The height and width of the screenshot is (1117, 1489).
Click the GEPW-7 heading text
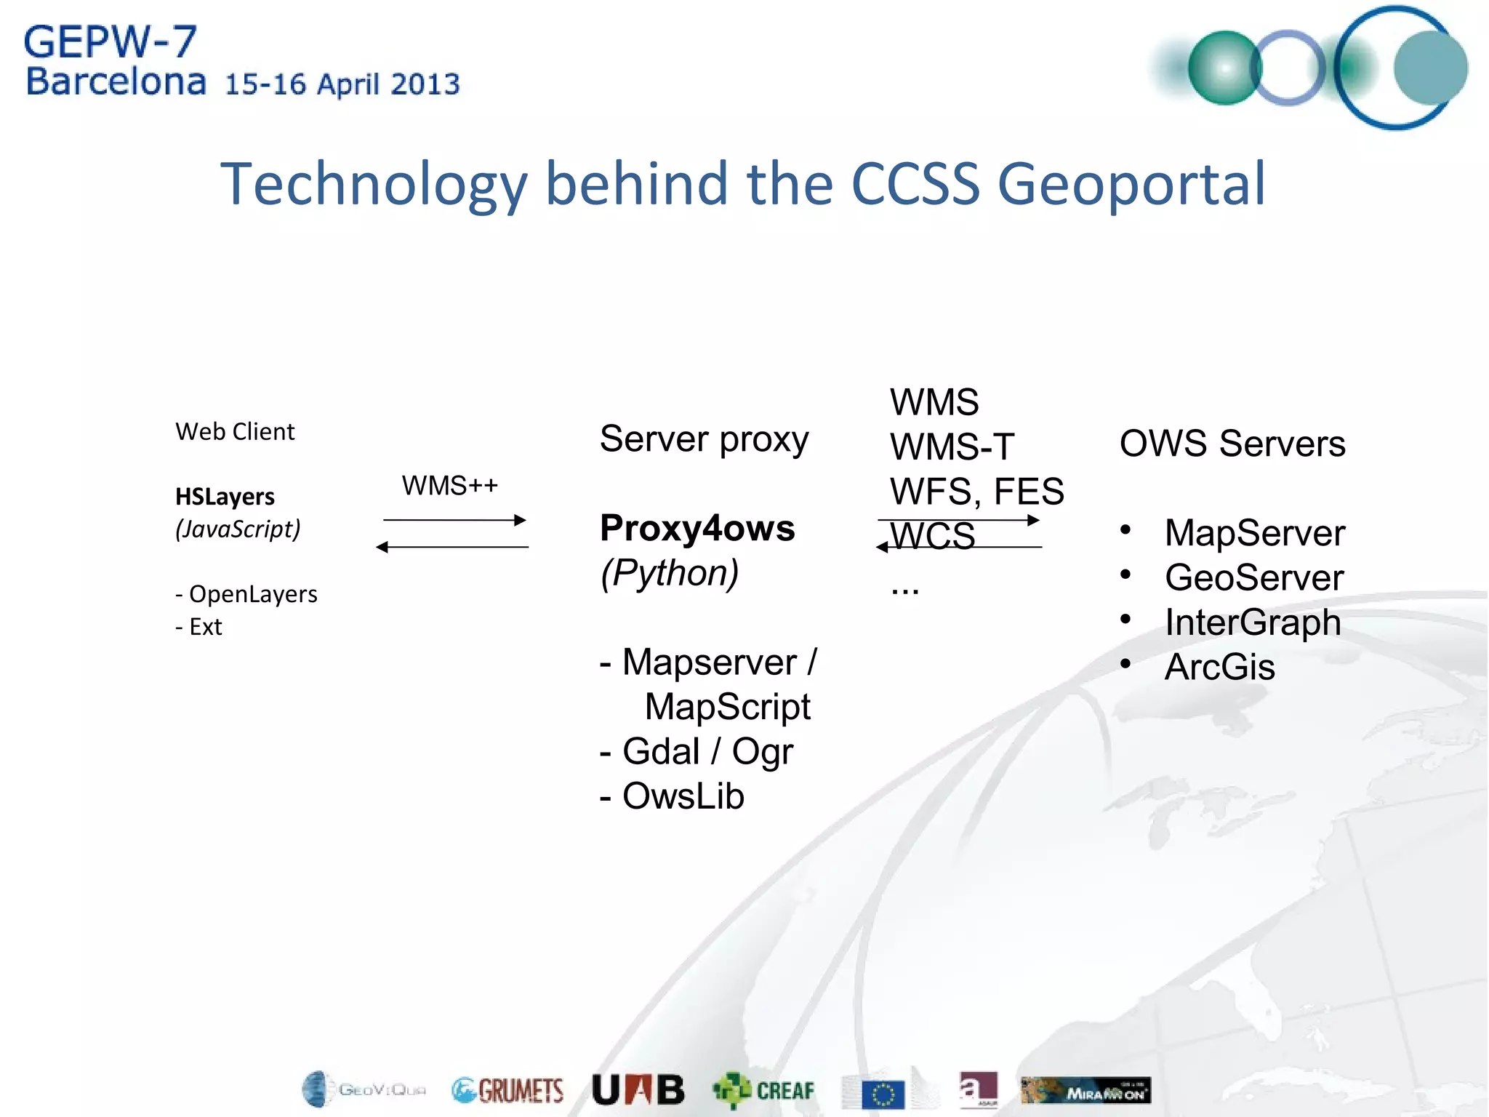[111, 42]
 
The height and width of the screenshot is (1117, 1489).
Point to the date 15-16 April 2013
[342, 84]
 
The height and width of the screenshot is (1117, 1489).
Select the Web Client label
[235, 432]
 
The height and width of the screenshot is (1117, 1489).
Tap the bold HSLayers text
[225, 497]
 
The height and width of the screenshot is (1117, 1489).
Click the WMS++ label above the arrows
[449, 486]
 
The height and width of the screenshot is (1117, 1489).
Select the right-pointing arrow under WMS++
[454, 520]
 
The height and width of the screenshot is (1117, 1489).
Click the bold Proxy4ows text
[697, 528]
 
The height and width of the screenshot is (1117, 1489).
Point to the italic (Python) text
[669, 573]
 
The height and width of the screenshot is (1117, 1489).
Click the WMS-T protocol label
[951, 447]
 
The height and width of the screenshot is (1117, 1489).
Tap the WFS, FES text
[976, 492]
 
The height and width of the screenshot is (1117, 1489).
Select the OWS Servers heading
[1232, 444]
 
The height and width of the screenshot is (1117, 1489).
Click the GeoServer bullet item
[1253, 578]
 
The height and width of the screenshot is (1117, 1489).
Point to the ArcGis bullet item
[1219, 667]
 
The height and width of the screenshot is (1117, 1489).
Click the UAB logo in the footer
[638, 1089]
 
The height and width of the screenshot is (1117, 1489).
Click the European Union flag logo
[883, 1094]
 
